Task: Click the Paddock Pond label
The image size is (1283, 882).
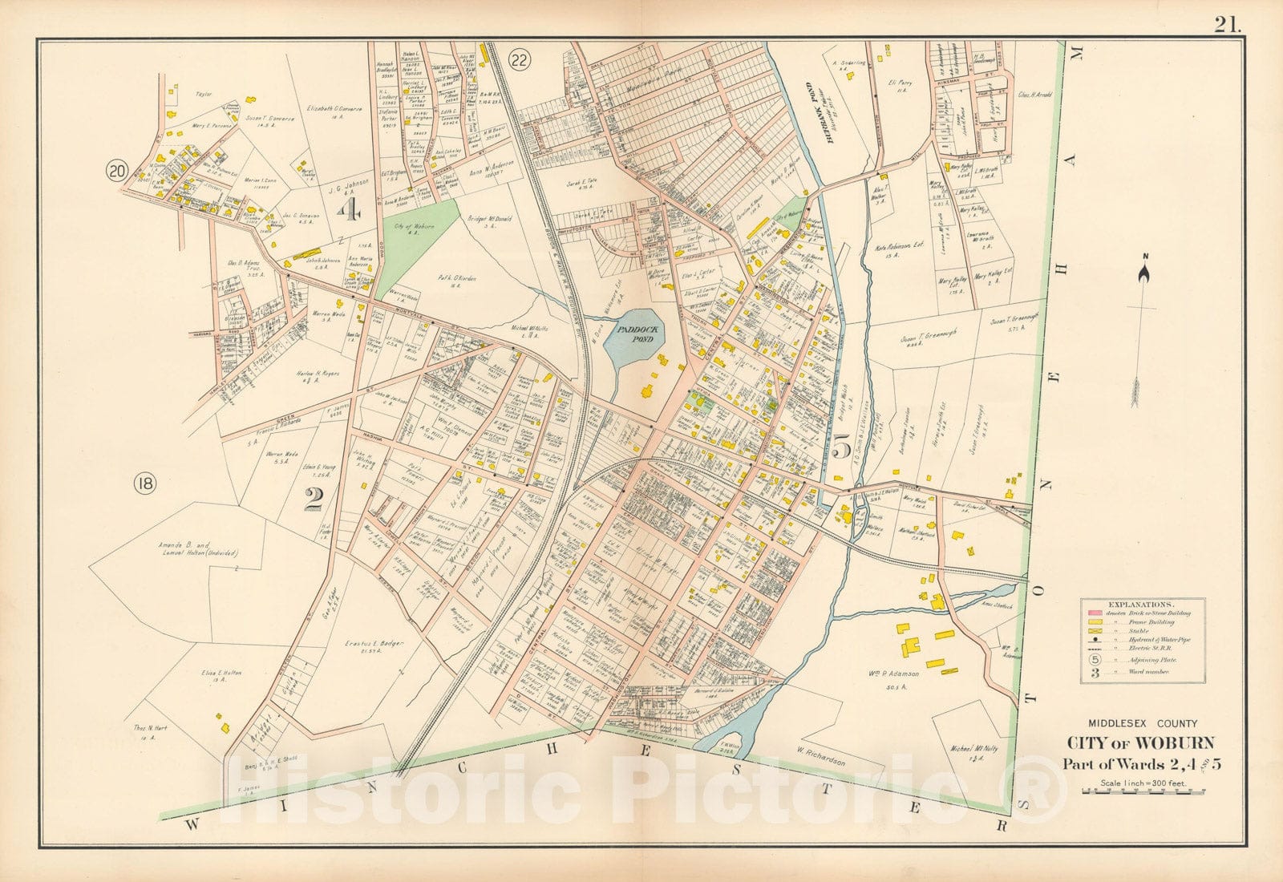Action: click(x=632, y=333)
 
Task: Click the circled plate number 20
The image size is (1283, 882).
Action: click(x=118, y=170)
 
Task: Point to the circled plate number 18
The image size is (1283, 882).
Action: click(x=145, y=483)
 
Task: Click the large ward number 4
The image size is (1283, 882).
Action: click(x=350, y=211)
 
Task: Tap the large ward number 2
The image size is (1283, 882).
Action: click(x=313, y=500)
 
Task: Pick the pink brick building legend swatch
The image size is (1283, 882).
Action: click(x=1092, y=613)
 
